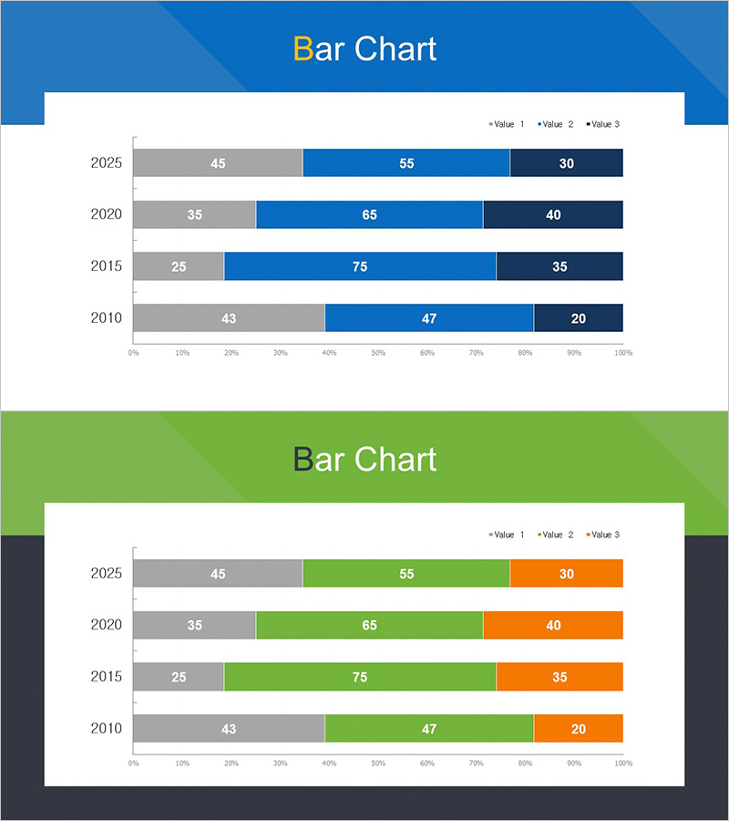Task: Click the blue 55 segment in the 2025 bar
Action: pos(406,163)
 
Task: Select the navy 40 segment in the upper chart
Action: pos(553,215)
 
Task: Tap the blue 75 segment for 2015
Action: pos(360,266)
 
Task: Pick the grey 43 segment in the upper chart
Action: pos(229,318)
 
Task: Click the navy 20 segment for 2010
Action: pos(579,318)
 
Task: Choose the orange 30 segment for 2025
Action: pos(567,574)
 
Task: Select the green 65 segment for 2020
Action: pos(369,626)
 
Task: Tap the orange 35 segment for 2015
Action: pos(560,677)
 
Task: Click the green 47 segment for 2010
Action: pos(429,729)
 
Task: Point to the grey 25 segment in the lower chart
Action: pos(179,677)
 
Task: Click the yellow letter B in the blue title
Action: pos(303,49)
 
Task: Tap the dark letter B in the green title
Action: pos(303,460)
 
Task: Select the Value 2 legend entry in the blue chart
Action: pos(556,124)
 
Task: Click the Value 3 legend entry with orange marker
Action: pos(604,535)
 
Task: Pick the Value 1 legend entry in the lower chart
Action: pos(507,535)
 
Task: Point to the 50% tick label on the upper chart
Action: pos(378,352)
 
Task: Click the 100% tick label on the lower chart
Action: pos(623,763)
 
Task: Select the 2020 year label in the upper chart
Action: pos(107,215)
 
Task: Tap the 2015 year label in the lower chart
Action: pos(107,677)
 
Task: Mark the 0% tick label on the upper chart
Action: pos(133,352)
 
